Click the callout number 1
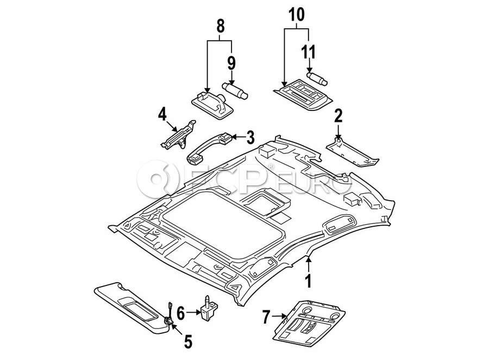point(308,281)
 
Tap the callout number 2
point(338,116)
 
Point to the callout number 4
point(162,114)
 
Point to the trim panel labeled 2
point(353,153)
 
